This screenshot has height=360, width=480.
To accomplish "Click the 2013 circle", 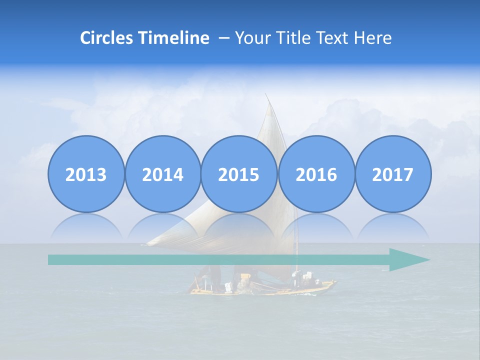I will [86, 174].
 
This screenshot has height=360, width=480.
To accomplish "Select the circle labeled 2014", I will [162, 174].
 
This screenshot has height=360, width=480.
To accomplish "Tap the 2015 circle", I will [239, 174].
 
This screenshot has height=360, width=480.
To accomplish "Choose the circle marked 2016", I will [316, 174].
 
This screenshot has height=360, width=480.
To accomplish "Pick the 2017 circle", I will [392, 174].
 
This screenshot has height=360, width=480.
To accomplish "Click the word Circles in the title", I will [107, 38].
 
